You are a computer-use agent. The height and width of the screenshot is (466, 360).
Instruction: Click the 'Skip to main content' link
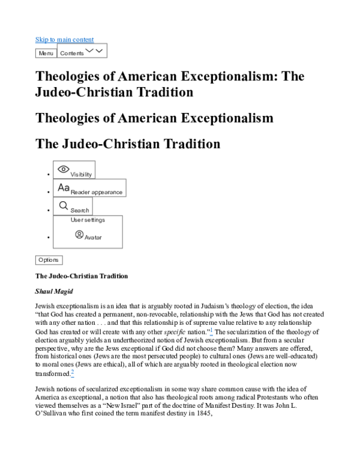coord(64,40)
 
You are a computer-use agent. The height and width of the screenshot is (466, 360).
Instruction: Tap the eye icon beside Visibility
coord(63,169)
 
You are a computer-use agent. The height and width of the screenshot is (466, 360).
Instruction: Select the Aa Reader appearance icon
coord(64,187)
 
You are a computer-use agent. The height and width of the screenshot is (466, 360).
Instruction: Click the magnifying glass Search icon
coord(64,205)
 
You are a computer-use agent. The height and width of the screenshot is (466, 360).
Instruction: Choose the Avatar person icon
coord(79,234)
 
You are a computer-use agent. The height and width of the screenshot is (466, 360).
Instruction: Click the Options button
coord(49,260)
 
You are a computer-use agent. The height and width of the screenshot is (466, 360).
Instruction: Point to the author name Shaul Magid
coord(55,291)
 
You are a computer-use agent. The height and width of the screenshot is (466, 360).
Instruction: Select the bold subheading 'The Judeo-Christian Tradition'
coord(82,276)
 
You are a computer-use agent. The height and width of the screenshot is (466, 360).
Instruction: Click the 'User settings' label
coord(88,220)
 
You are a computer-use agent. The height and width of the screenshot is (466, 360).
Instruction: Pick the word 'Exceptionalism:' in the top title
coord(222,77)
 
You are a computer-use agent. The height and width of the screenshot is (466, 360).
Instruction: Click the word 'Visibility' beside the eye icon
coord(81,174)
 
